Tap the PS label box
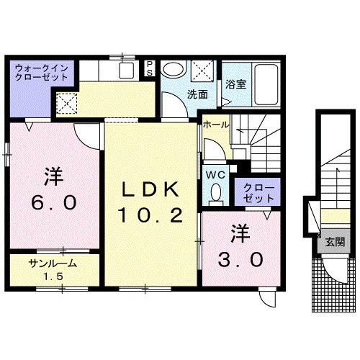(150, 68)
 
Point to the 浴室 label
(235, 84)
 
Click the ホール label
(216, 125)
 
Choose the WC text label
(215, 174)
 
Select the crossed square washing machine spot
(203, 71)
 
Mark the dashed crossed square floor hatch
(68, 104)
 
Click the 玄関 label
(334, 242)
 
